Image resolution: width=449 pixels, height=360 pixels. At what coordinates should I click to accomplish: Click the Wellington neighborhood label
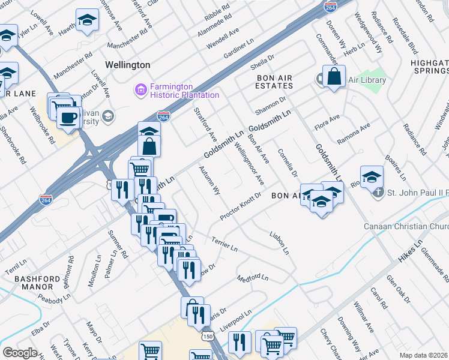pos(127,64)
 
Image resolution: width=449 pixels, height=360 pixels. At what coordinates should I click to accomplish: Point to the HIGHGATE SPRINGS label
pos(429,67)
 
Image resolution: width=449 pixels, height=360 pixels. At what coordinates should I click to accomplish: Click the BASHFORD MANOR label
pos(37,284)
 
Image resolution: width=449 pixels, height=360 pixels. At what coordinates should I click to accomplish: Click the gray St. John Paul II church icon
pos(378,193)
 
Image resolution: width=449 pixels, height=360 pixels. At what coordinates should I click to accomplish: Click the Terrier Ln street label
pos(224,244)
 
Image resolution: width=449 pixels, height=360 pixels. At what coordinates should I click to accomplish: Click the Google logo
pos(20,353)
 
